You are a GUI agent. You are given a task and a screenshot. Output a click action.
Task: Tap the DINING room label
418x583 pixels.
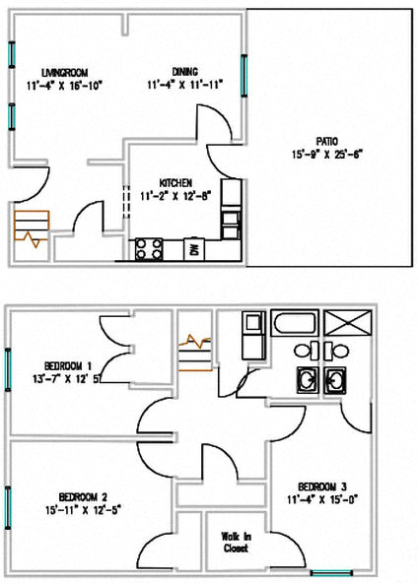(184, 72)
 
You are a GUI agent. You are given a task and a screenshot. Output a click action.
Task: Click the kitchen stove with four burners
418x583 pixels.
(149, 248)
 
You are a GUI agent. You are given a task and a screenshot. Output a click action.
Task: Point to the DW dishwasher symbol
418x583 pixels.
(194, 248)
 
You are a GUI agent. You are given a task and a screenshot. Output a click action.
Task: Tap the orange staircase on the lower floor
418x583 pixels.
(32, 229)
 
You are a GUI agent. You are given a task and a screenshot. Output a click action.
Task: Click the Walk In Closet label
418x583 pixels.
(235, 541)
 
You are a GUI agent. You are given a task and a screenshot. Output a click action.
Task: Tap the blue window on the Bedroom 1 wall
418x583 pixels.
(8, 369)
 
